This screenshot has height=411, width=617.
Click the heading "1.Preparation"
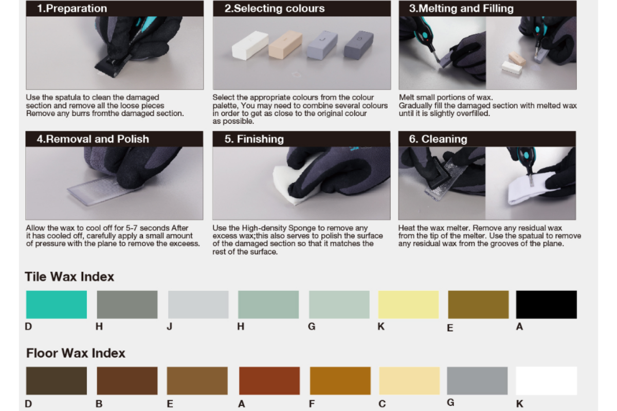(x=72, y=9)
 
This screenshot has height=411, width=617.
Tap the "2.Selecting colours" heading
(x=275, y=9)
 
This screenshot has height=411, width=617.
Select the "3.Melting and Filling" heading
(x=461, y=9)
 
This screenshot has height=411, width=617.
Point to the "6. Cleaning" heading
(x=438, y=139)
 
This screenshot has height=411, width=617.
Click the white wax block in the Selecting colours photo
(x=250, y=45)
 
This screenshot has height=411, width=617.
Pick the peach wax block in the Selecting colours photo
(x=285, y=45)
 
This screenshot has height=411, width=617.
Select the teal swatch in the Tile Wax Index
(x=57, y=305)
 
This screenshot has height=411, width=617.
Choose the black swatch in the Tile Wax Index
(x=546, y=305)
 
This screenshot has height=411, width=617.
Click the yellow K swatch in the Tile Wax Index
(x=408, y=305)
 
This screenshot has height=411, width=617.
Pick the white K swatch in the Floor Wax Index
(x=546, y=381)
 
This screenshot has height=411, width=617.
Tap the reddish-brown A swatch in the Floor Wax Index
(x=269, y=381)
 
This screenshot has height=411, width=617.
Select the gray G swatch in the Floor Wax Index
(x=477, y=381)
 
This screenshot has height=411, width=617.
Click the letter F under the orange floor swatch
(x=312, y=404)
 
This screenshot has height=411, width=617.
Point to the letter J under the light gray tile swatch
(x=169, y=326)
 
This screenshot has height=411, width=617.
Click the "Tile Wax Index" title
(x=69, y=277)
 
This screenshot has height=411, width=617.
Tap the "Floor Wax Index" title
(x=76, y=353)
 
